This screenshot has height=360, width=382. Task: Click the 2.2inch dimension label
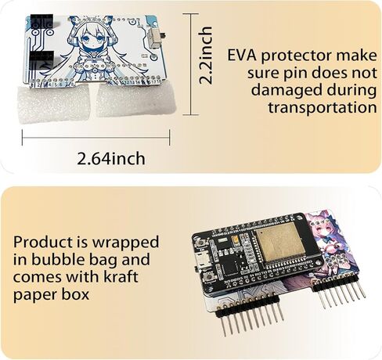coord(205,55)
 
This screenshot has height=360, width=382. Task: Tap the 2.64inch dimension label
coord(111,159)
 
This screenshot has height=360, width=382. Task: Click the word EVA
coord(242,56)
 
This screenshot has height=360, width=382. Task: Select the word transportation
coord(323,107)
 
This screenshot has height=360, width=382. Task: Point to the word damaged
coord(286,91)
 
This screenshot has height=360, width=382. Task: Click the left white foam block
coord(54,103)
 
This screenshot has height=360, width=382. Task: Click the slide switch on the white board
coord(154,38)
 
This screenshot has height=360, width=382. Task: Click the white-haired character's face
coord(94,41)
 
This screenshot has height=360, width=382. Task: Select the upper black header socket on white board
coord(41,21)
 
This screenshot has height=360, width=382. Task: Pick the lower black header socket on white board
coord(41,57)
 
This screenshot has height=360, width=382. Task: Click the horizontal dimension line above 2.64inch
coord(96,138)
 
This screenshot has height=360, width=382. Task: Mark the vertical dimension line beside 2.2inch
coord(190,64)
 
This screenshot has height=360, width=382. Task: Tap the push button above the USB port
coord(202,243)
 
